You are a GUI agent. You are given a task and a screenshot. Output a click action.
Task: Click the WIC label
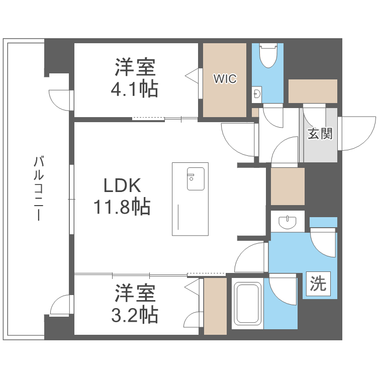tap(224, 79)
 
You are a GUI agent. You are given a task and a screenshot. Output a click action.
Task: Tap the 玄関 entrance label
tap(320, 134)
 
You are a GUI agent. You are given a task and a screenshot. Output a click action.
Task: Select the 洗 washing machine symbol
tap(318, 285)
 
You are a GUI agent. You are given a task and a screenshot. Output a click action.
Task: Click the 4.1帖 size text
tap(134, 89)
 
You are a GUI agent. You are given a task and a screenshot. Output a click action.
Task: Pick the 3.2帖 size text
tap(134, 315)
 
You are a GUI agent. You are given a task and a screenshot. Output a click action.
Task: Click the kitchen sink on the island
tap(196, 178)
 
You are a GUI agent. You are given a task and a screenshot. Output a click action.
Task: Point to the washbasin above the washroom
tap(287, 221)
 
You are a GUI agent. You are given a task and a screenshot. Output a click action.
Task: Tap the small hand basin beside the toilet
tap(257, 94)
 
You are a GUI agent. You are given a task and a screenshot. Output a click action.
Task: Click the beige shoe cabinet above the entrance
tap(313, 91)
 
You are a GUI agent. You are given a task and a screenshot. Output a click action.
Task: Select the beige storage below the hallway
tap(288, 186)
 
